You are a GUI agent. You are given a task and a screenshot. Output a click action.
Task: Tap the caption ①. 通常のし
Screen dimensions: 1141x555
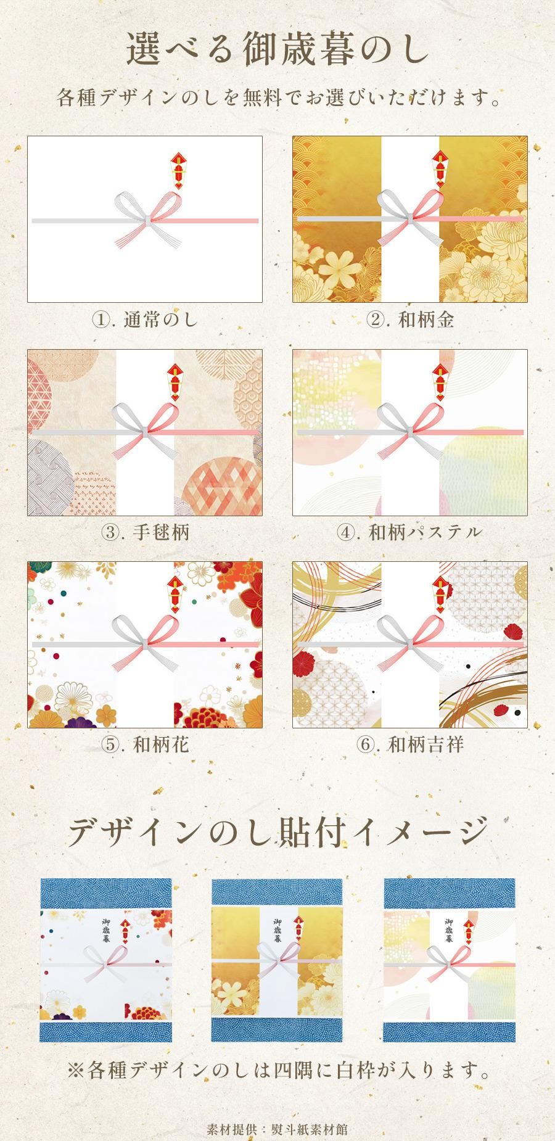pyautogui.click(x=145, y=319)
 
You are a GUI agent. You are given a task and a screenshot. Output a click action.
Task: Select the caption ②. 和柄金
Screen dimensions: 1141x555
pyautogui.click(x=409, y=319)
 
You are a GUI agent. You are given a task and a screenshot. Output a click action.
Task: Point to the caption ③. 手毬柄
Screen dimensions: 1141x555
pyautogui.click(x=145, y=532)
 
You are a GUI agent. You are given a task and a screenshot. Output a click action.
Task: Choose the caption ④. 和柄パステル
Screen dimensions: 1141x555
pyautogui.click(x=409, y=532)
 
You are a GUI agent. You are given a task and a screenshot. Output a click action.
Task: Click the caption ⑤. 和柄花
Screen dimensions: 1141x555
pyautogui.click(x=145, y=744)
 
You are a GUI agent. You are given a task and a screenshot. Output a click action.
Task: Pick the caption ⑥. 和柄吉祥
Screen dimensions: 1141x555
pyautogui.click(x=409, y=744)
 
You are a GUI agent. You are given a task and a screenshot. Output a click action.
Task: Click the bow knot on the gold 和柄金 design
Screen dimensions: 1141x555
pyautogui.click(x=410, y=218)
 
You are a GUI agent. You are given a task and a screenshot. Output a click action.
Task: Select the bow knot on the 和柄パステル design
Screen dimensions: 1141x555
pyautogui.click(x=410, y=430)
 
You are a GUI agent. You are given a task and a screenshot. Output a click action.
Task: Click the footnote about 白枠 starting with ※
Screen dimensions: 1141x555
pyautogui.click(x=277, y=1070)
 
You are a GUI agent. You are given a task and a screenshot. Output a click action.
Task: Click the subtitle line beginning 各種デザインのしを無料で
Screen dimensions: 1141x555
pyautogui.click(x=277, y=97)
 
